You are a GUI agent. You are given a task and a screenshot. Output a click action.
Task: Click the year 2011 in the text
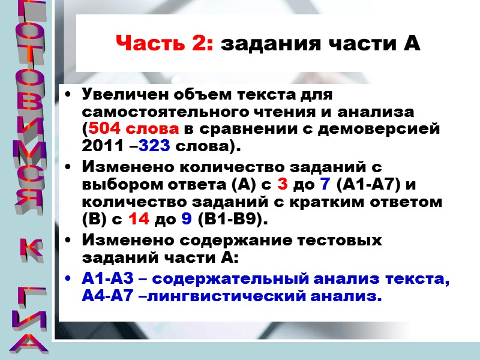(100, 146)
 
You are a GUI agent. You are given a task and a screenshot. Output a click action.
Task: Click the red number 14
(138, 220)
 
